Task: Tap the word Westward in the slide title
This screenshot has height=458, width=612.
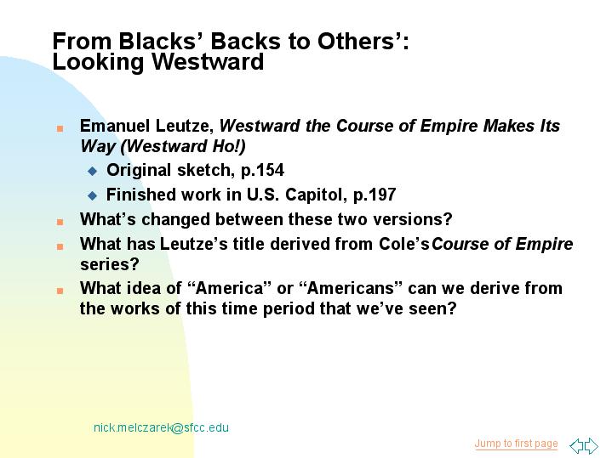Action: pos(208,61)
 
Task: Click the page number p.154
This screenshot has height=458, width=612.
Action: pos(262,171)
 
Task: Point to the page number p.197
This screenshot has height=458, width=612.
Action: pos(375,195)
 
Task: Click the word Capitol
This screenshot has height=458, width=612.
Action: pos(316,195)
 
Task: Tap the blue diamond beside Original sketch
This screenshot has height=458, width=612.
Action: pos(93,171)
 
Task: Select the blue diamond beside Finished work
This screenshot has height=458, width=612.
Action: pos(93,195)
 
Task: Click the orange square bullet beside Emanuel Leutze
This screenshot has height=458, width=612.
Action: pos(60,128)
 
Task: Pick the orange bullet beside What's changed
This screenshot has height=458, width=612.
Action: pos(60,222)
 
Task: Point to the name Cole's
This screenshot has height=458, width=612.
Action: pos(403,244)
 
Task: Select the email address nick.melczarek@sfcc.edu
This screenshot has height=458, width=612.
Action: pos(161,427)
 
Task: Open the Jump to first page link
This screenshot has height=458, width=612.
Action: pos(516,444)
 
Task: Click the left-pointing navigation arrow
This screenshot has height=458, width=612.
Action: pos(576,445)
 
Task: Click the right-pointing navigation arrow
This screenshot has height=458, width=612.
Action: pos(592,445)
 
